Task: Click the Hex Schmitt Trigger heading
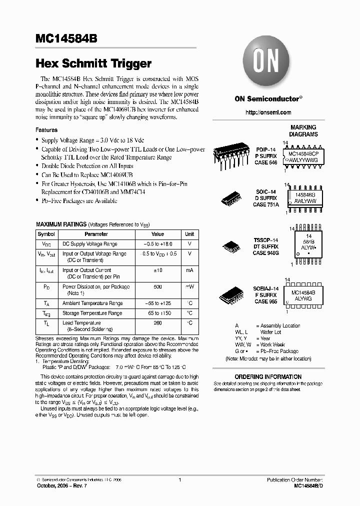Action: pos(93,64)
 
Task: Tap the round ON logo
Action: pos(268,63)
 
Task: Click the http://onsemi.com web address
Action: pos(268,112)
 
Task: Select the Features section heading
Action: pos(46,130)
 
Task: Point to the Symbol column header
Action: pos(46,234)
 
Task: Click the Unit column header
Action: pos(189,234)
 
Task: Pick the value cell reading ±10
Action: pos(157,270)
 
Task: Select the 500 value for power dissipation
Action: pos(157,287)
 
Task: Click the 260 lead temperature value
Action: pos(157,323)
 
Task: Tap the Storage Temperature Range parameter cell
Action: pos(92,313)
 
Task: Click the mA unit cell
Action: pos(189,270)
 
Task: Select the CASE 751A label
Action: pos(266,204)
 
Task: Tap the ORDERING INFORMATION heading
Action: pos(268,376)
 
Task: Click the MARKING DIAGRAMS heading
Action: pos(303,131)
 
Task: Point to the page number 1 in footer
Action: pos(179,480)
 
